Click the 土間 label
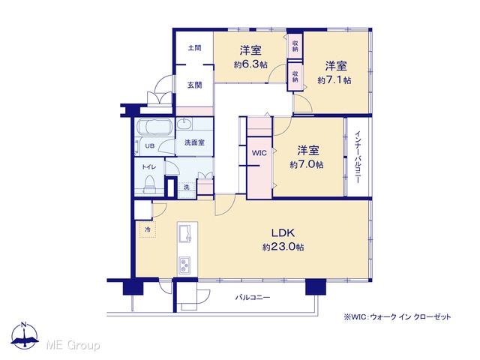194,48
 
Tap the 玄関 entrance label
194,85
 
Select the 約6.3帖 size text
250,64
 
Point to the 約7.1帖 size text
334,80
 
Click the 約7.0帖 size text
307,165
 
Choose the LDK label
283,233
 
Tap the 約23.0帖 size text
283,247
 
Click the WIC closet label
259,153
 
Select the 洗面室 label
194,142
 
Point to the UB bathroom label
150,146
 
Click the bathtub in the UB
155,127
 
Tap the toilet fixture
150,184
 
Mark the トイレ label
149,166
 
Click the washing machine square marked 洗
187,187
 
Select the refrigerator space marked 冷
148,229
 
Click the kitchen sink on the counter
185,234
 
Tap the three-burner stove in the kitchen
184,265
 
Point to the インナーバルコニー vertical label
358,157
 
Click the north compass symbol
25,336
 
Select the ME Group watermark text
73,345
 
